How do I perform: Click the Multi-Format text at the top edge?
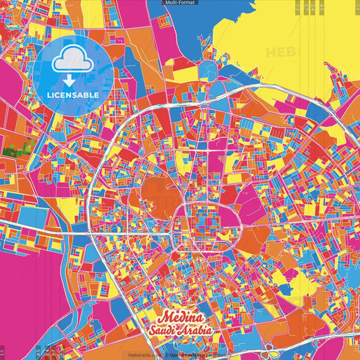[x=180, y=3]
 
